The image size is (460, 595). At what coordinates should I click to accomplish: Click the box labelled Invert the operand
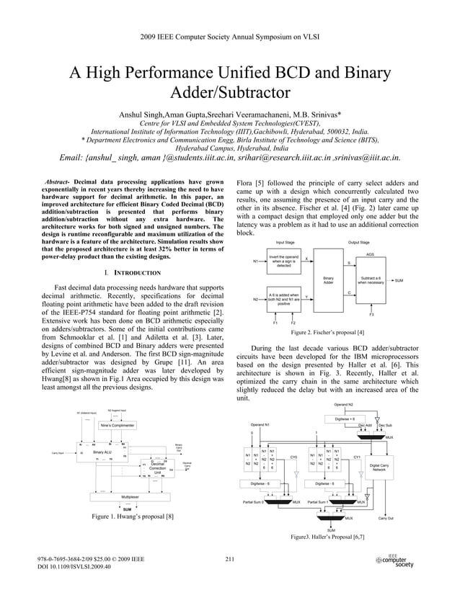(x=283, y=261)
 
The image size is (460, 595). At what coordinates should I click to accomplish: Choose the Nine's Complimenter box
(x=118, y=425)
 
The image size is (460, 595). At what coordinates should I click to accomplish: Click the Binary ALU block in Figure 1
(x=102, y=452)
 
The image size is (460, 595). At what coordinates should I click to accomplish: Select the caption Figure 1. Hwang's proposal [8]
(x=132, y=516)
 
